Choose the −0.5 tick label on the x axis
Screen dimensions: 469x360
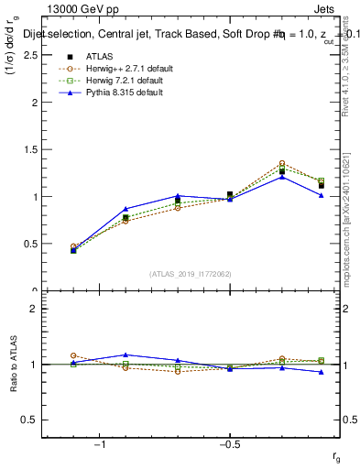(227, 444)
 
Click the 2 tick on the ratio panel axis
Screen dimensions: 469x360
(32, 309)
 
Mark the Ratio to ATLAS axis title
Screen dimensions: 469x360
(14, 365)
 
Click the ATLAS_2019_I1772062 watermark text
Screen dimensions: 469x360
(191, 274)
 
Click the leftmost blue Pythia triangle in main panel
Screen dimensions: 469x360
(73, 250)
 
